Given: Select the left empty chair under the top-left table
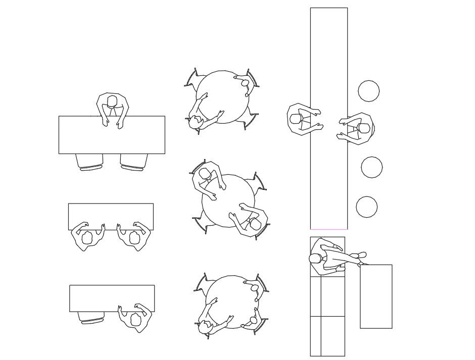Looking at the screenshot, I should [89, 162].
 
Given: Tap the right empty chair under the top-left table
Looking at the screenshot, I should [133, 162].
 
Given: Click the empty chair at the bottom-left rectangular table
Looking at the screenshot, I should [91, 317].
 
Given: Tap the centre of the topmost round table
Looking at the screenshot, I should [222, 97].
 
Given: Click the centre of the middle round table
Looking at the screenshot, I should [228, 200].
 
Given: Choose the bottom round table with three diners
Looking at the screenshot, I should [232, 302].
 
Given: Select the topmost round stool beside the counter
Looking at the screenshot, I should [369, 91].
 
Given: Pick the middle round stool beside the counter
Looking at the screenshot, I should [372, 167].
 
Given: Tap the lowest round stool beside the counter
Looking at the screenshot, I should [367, 207].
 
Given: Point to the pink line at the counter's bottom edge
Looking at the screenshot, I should [328, 229].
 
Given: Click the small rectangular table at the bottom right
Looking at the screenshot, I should [376, 296].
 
